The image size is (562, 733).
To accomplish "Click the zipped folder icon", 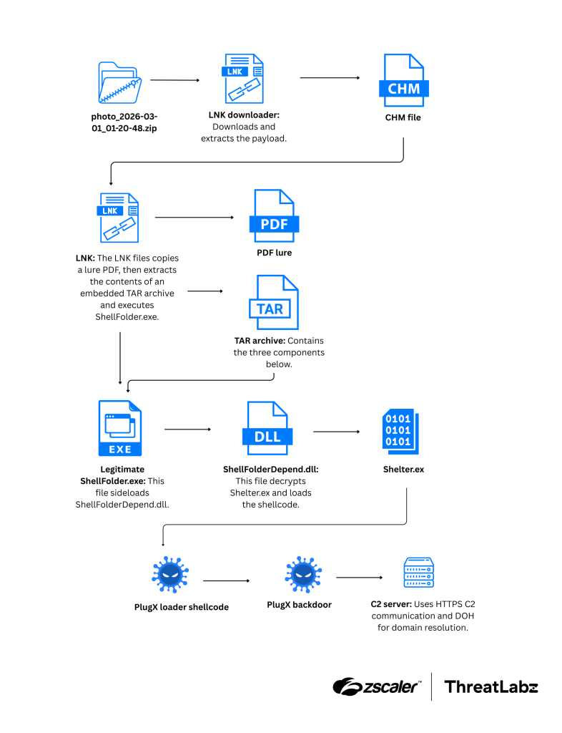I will pos(120,82).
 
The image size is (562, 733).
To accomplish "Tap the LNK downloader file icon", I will pos(242,79).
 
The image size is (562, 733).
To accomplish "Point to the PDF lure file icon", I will pos(273,216).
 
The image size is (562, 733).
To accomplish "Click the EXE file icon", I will pos(120,428).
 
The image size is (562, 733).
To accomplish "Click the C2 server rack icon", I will pos(418,573).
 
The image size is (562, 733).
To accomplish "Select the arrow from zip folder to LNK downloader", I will pos(174,81).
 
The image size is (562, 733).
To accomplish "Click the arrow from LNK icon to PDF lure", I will pos(194,217).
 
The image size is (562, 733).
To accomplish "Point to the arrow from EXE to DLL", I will pos(188,429).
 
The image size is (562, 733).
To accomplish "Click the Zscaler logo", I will pos(375,686).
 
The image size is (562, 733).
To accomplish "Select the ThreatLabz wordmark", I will pos(490,686).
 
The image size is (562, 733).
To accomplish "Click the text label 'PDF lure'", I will pos(275,253).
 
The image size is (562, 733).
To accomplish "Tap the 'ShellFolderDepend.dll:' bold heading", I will pos(270,470).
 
